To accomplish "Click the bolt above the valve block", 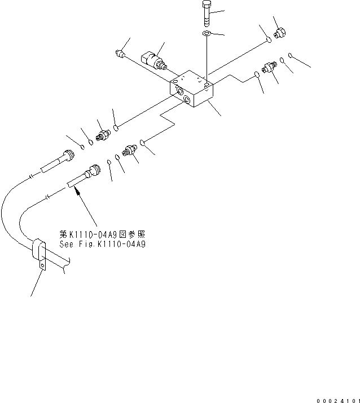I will coord(205,13).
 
